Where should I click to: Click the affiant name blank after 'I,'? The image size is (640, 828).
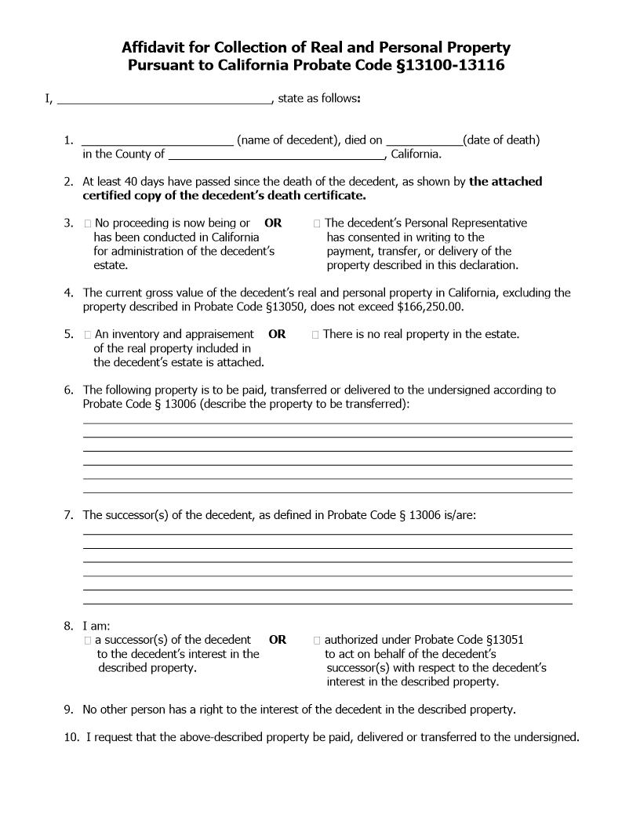coord(165,100)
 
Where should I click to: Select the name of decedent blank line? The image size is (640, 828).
coord(158,141)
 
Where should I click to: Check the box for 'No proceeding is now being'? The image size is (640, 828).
coord(88,223)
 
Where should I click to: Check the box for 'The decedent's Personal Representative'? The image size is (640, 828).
coord(317,223)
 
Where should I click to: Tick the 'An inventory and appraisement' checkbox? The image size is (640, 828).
coord(88,335)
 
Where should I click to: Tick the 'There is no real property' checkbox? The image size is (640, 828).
coord(315,335)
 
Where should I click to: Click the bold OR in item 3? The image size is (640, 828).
coord(273,223)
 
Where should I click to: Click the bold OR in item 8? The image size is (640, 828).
coord(278,640)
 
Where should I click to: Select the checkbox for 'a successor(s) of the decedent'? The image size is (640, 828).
coord(88,641)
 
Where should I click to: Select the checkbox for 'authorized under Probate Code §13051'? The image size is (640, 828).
coord(317,641)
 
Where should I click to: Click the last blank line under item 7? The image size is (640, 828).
coord(327,603)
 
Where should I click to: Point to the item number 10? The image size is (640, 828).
coord(71,737)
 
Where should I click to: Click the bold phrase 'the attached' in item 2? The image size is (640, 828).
coord(506,181)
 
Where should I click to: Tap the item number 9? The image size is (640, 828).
coord(68,710)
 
